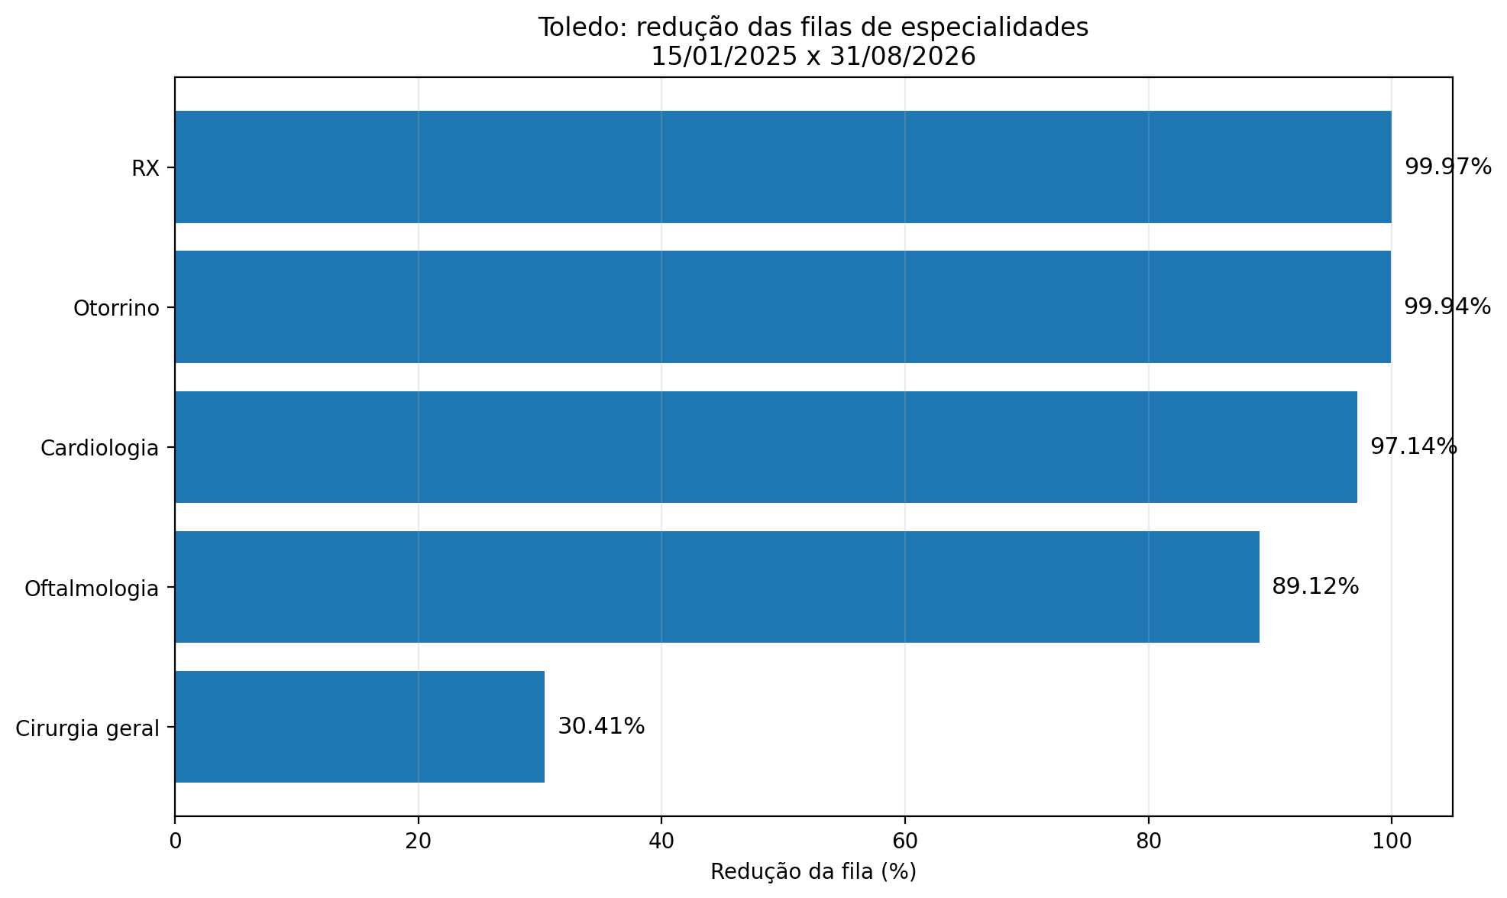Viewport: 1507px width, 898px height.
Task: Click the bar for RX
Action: [x=783, y=167]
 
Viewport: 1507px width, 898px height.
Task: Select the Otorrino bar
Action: [x=783, y=307]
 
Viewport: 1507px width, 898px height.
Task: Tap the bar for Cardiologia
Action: [x=766, y=447]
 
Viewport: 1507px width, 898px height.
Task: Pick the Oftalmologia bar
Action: [x=717, y=587]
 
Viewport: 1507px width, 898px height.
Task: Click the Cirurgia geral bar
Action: [x=360, y=727]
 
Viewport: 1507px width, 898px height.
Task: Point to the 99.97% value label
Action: [x=1448, y=167]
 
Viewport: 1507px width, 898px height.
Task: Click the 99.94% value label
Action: [x=1447, y=306]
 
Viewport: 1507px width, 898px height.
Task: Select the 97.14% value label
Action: [x=1414, y=446]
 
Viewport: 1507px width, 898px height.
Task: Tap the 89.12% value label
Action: [x=1315, y=586]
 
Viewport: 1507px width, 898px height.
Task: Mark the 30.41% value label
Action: [x=601, y=726]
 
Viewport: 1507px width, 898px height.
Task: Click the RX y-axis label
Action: [x=146, y=169]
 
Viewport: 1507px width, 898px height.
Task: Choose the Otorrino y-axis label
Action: [x=117, y=309]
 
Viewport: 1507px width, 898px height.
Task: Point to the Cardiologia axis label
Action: [x=100, y=449]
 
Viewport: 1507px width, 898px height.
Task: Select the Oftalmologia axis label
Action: [x=92, y=588]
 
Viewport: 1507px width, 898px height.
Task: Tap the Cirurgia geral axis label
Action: [x=88, y=729]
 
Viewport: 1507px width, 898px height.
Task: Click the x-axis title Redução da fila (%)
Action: [x=813, y=872]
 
